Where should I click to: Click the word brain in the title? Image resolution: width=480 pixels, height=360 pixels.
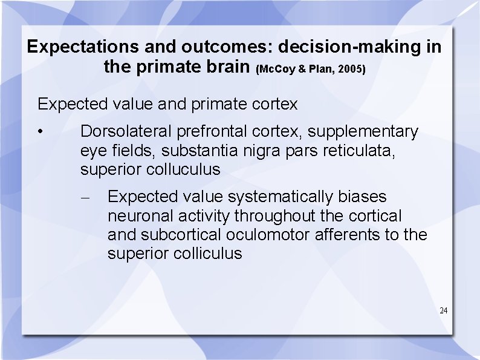coord(223,67)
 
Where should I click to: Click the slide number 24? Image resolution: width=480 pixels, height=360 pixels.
coord(443,310)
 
